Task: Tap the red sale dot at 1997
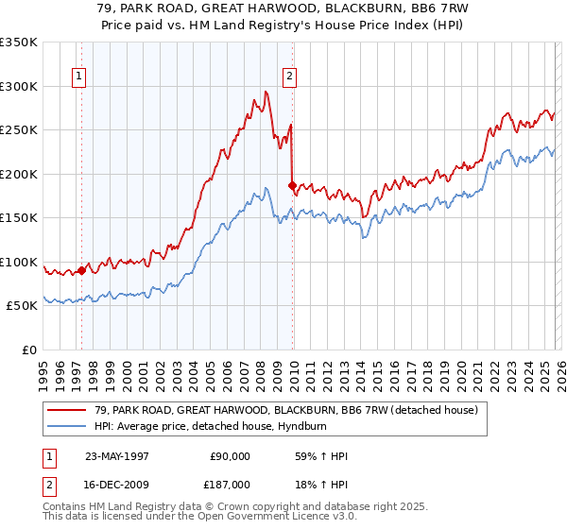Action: [82, 270]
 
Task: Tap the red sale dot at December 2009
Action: [292, 185]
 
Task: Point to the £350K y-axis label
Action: [19, 43]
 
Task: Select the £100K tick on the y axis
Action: [19, 262]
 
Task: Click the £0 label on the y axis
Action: [29, 350]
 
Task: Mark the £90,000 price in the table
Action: [231, 456]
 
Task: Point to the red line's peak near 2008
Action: [266, 91]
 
